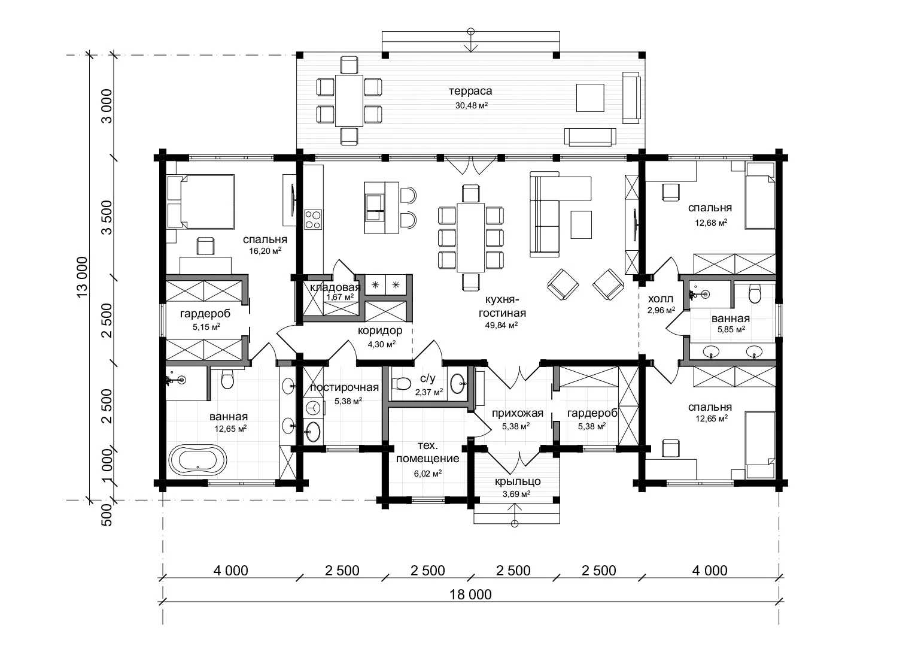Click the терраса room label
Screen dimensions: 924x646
click(x=470, y=91)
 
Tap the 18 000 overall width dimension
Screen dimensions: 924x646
click(x=470, y=595)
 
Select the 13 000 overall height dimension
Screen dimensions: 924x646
click(x=82, y=277)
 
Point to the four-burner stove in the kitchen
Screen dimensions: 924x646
click(x=313, y=220)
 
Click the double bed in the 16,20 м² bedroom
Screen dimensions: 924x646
click(x=201, y=202)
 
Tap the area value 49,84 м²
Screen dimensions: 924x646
click(x=501, y=325)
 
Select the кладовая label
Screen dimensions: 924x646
click(x=335, y=287)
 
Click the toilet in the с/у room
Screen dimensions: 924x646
click(x=400, y=384)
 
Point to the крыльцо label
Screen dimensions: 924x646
click(x=517, y=481)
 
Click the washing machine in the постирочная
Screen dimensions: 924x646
click(x=313, y=408)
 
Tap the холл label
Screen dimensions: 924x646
click(x=661, y=299)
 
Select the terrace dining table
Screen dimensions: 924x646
click(x=349, y=101)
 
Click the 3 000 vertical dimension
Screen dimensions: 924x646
click(x=107, y=106)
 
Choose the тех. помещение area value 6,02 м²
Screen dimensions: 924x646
click(x=428, y=474)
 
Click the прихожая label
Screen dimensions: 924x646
click(x=517, y=413)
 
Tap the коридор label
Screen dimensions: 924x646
click(x=380, y=330)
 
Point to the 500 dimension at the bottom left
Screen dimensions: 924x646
click(x=107, y=515)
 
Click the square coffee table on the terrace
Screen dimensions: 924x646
click(x=590, y=98)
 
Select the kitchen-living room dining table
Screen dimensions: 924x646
click(x=470, y=238)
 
